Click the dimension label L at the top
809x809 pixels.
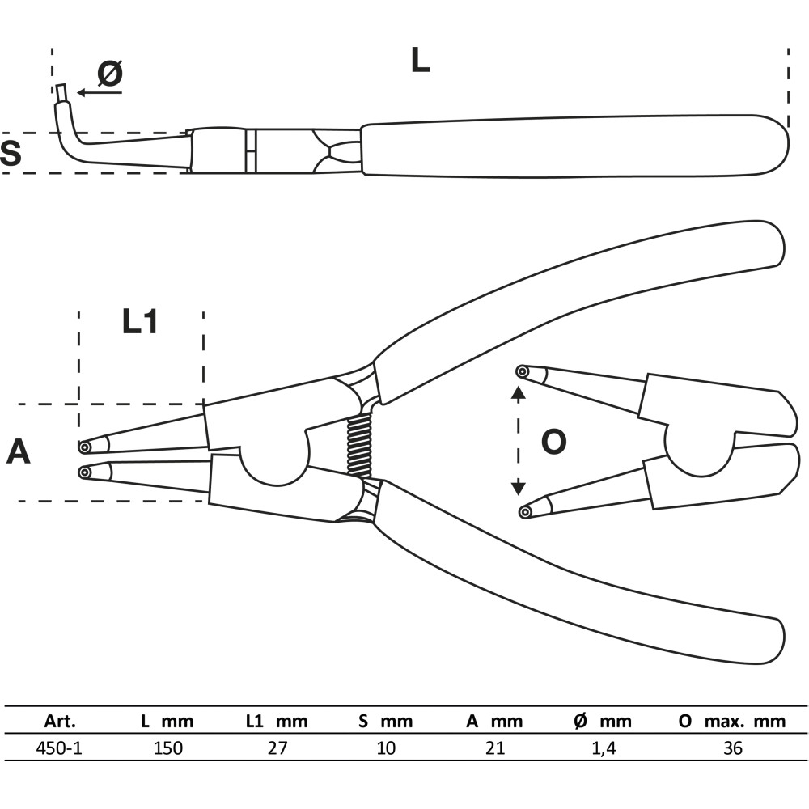(420, 60)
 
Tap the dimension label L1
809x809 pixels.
(139, 322)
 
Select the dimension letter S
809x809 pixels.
(11, 152)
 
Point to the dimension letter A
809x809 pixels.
(18, 452)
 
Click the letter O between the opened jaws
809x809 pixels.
(553, 442)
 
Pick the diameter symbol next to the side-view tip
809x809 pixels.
(110, 73)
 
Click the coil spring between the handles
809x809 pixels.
(360, 446)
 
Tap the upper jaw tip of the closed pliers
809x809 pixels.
(85, 446)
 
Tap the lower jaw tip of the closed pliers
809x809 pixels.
(85, 472)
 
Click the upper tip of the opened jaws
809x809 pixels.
(522, 371)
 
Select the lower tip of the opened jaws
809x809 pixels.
(525, 512)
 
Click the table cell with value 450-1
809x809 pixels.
(59, 748)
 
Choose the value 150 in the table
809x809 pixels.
(167, 748)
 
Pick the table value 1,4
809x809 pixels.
(604, 748)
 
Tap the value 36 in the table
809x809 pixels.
(733, 748)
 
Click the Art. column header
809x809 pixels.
(60, 721)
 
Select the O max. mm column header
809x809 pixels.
(732, 721)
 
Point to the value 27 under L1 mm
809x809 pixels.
(277, 748)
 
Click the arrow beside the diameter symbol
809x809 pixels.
(100, 93)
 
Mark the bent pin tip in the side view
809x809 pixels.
(61, 93)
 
